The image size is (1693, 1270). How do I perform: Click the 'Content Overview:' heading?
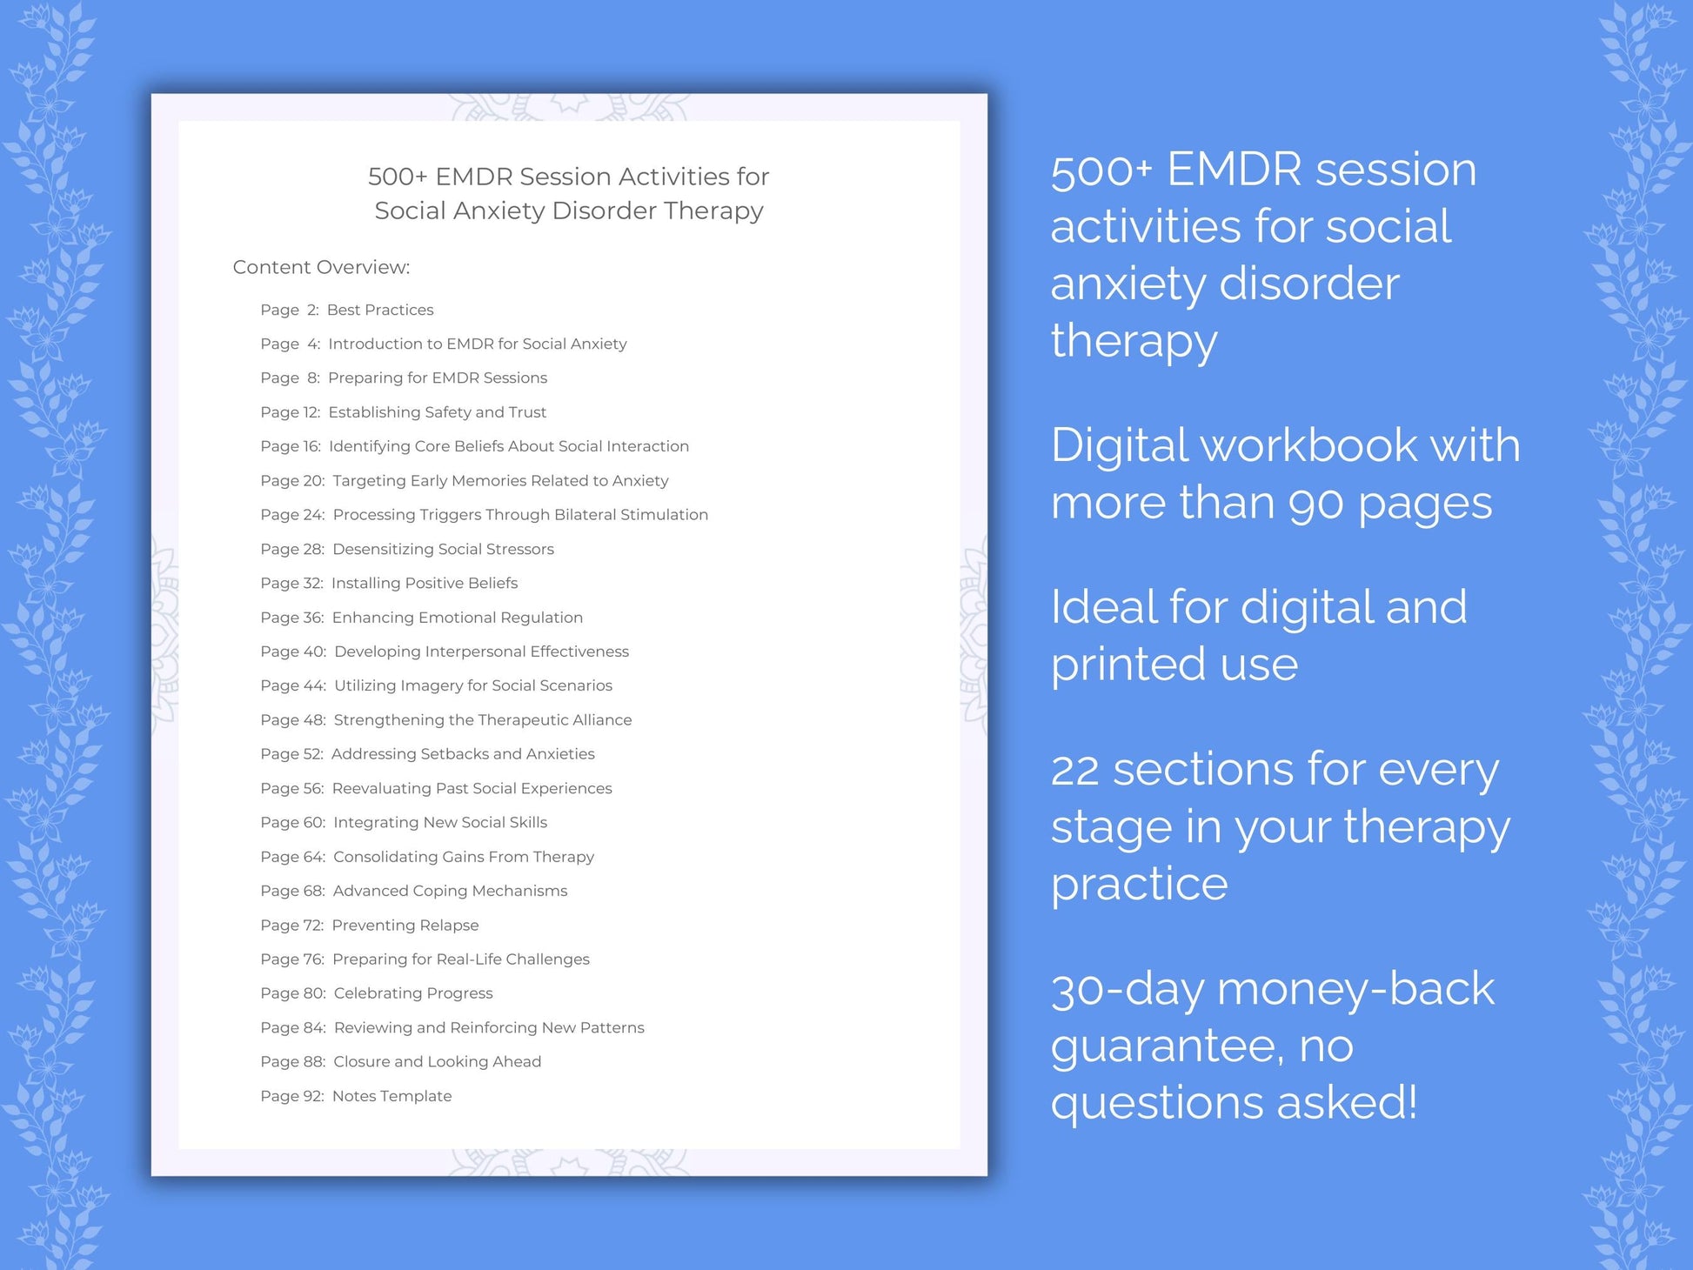(x=321, y=267)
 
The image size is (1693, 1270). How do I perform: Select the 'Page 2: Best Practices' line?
(x=346, y=310)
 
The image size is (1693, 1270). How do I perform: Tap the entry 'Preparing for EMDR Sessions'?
(x=437, y=378)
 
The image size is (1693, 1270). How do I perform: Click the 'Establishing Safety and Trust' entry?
(x=437, y=412)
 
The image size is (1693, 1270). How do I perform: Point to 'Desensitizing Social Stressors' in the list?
(x=443, y=549)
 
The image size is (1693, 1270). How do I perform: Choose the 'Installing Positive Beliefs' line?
(x=424, y=583)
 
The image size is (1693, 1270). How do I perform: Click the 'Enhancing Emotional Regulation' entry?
(x=457, y=618)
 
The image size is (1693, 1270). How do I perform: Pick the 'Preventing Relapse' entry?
(x=405, y=925)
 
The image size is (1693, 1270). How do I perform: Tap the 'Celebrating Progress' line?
(x=412, y=993)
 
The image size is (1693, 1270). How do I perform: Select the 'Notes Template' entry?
(x=391, y=1096)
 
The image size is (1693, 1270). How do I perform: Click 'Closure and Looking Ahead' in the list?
(x=437, y=1061)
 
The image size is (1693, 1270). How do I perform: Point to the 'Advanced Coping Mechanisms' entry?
(x=450, y=891)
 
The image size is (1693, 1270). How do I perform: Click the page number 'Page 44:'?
(x=293, y=685)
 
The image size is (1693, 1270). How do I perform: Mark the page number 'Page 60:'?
(x=293, y=822)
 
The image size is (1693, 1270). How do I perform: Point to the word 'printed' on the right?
(x=1119, y=665)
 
